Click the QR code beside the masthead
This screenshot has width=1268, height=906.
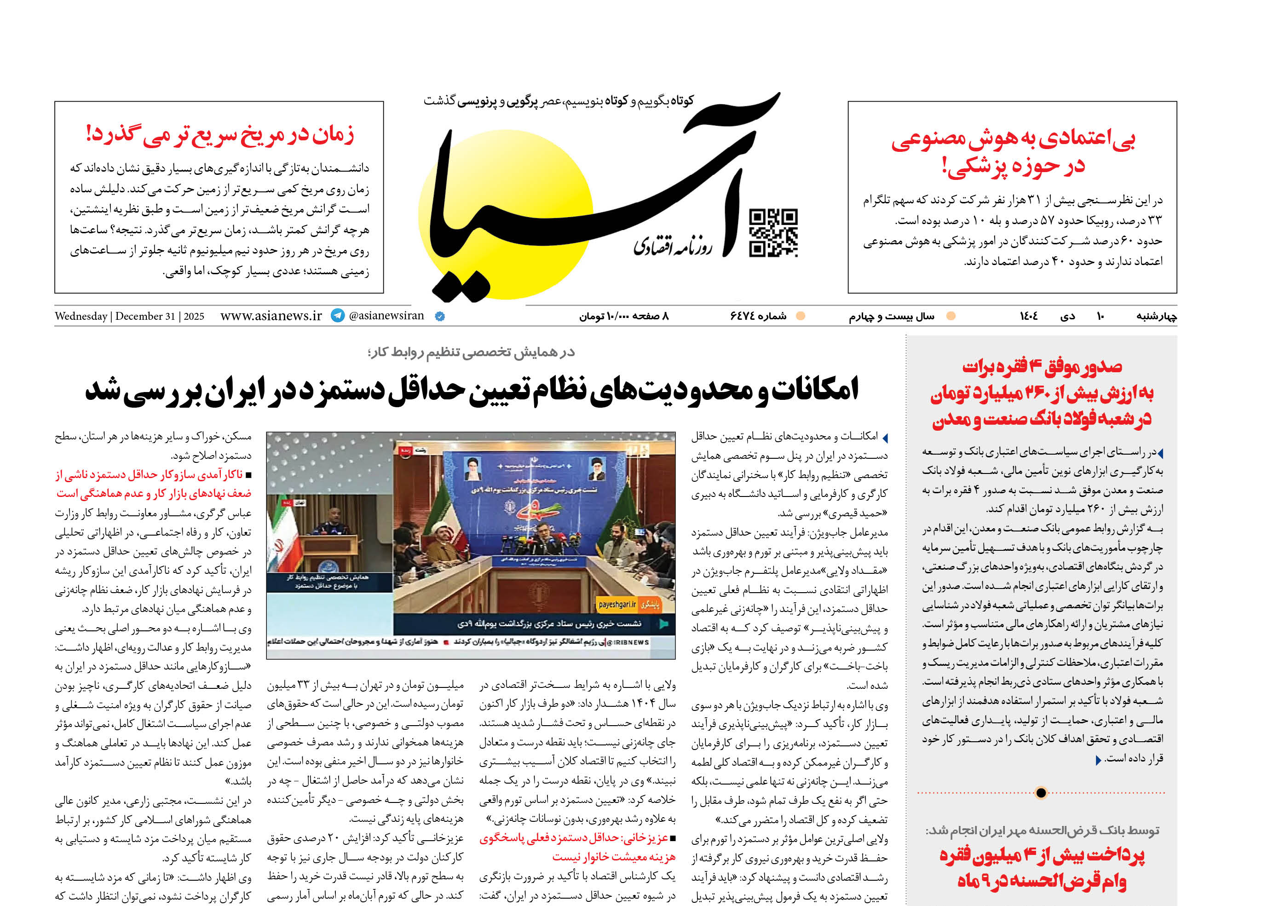tap(773, 233)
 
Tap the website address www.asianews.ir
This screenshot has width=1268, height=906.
tap(271, 316)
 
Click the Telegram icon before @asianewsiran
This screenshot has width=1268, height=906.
tap(338, 316)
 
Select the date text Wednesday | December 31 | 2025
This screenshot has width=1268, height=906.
tap(129, 316)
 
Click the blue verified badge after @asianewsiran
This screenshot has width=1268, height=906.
tap(439, 316)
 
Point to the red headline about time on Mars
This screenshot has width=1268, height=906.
tap(220, 135)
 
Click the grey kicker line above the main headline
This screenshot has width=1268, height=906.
tap(472, 352)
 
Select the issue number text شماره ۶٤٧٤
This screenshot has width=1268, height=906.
tap(758, 316)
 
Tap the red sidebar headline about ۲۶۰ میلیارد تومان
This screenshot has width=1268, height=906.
tap(1042, 393)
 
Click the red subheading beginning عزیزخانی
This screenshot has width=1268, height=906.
tap(577, 847)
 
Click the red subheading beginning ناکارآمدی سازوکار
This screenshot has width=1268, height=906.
tap(153, 484)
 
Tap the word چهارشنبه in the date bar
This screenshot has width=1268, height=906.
tap(1157, 316)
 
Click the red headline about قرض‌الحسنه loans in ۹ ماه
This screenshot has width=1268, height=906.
tap(1042, 868)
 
